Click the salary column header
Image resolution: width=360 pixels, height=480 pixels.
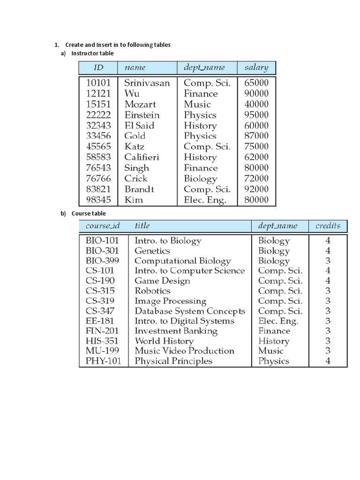(x=256, y=67)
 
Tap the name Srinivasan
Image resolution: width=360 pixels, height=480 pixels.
(x=147, y=83)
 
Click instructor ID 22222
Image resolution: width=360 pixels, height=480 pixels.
(x=98, y=115)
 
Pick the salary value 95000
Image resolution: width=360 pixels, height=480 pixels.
(x=256, y=115)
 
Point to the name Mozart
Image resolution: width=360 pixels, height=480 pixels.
(x=140, y=104)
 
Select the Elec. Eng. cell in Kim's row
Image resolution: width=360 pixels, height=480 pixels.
(x=205, y=200)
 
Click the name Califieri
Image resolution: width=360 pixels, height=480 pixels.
(x=142, y=157)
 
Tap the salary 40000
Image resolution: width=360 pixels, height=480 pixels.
(x=256, y=104)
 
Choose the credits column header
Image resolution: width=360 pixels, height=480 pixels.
(x=328, y=226)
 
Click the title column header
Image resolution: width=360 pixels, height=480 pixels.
(x=142, y=226)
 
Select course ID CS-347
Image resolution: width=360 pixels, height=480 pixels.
(x=100, y=311)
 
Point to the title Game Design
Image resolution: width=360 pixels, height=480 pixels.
(x=162, y=281)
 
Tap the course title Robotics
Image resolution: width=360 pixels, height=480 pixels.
(x=152, y=291)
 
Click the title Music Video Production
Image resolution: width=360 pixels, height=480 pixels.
(x=184, y=351)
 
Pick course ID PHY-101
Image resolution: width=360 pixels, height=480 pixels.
(x=103, y=361)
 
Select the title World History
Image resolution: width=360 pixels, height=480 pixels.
(x=164, y=341)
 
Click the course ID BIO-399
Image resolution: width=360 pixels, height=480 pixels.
(x=102, y=261)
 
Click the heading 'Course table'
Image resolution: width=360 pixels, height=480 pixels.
(x=89, y=214)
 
